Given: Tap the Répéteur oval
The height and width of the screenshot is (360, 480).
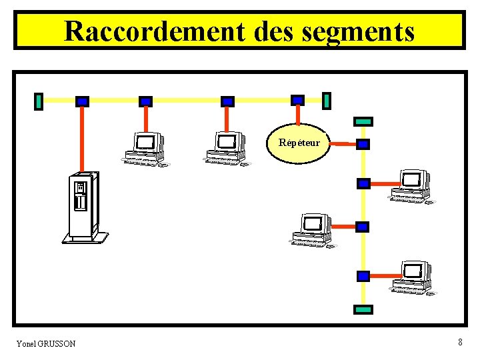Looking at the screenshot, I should tap(299, 143).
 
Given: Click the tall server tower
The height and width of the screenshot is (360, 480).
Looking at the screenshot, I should tap(83, 207).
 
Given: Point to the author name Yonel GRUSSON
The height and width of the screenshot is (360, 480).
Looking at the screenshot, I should tap(46, 343).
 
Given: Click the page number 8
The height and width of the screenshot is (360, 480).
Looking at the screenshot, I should tap(460, 342).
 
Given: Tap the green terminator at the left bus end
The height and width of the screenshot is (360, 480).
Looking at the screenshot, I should tap(39, 101).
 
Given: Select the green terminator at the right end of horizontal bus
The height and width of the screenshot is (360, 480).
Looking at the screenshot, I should tap(327, 100).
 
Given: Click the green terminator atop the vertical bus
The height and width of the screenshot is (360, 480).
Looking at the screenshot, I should tap(363, 121).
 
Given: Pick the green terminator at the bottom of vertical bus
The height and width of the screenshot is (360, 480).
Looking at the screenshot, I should tap(363, 309).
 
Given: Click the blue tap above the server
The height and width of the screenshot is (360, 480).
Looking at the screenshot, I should tap(82, 101).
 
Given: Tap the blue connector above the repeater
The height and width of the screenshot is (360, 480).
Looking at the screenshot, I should tap(298, 100).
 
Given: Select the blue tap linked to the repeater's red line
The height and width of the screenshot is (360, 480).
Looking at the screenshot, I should tap(363, 144).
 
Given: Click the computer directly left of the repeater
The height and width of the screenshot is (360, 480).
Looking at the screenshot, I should tap(226, 148).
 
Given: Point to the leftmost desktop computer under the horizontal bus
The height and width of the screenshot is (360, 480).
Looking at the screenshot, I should tap(145, 148).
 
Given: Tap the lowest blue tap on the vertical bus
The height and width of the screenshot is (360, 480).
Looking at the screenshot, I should tap(363, 275).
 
